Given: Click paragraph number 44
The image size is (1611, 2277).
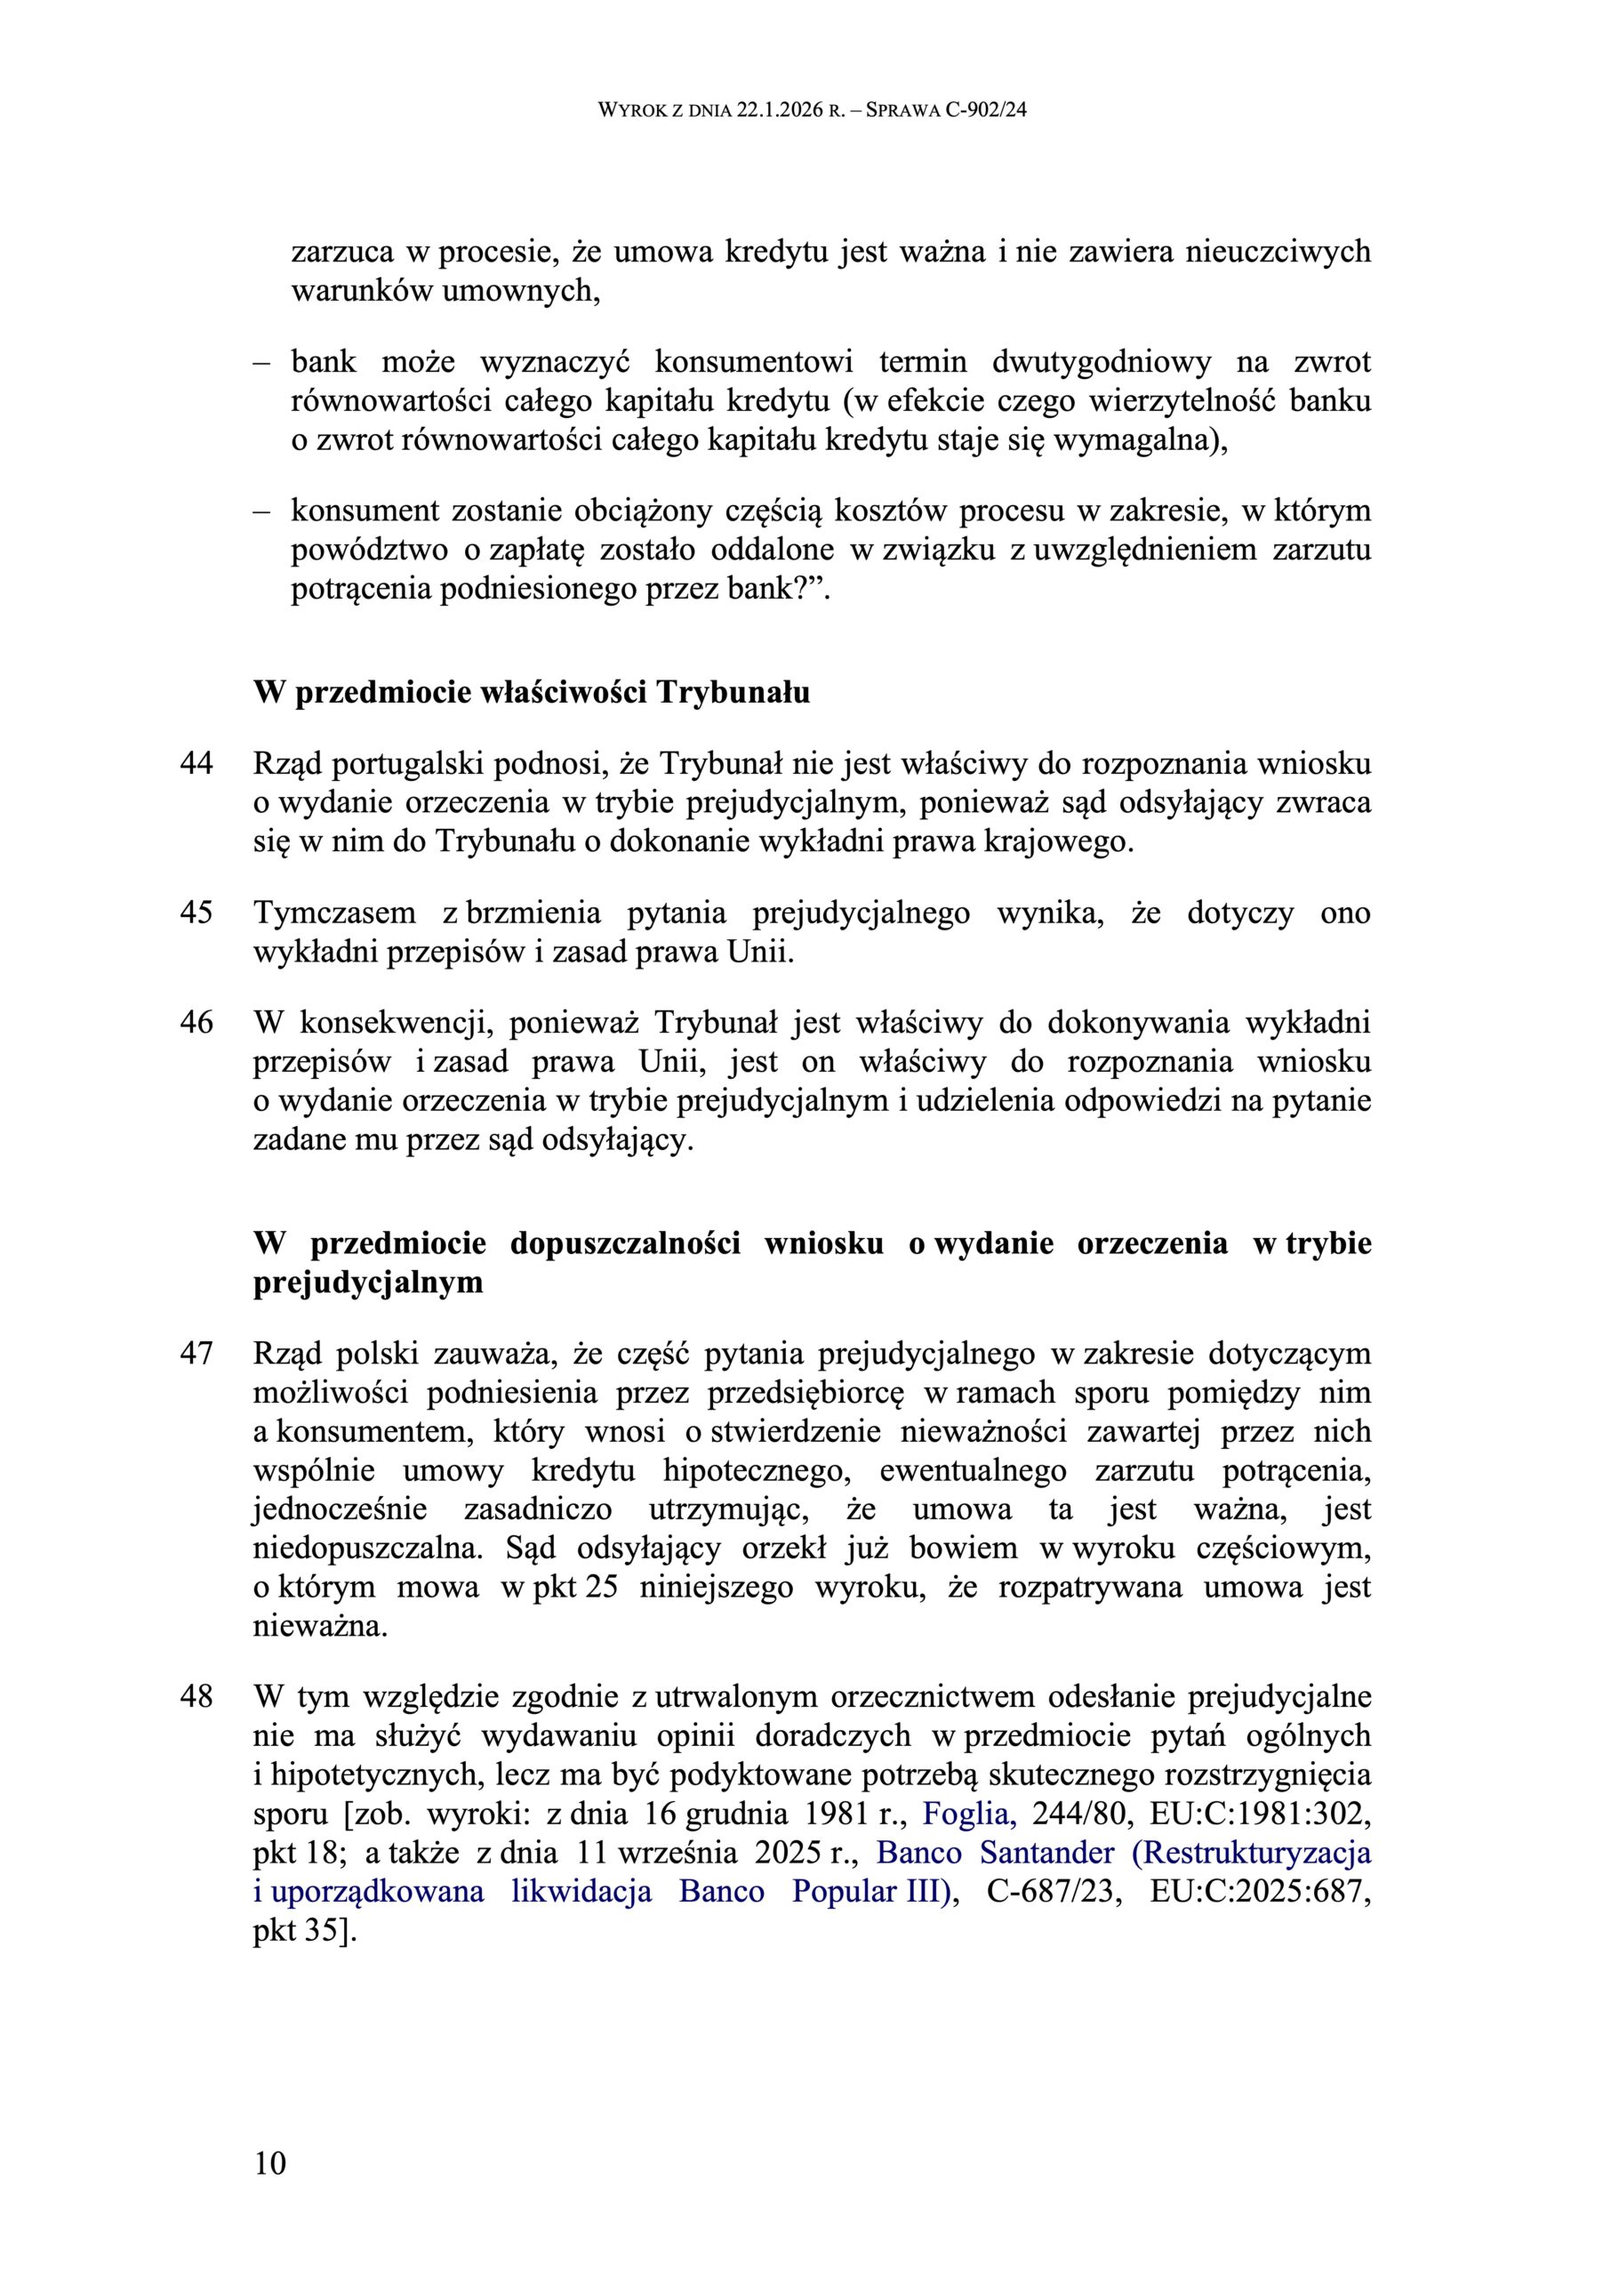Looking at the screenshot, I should [196, 764].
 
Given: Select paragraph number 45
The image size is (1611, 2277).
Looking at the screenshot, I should [196, 912].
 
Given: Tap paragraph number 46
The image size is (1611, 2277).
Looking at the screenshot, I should [196, 1022].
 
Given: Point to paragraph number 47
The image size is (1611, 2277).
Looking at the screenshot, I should [196, 1353].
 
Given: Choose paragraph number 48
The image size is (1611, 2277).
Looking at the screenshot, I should [196, 1695].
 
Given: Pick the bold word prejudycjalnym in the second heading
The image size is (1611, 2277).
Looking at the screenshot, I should [368, 1282].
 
